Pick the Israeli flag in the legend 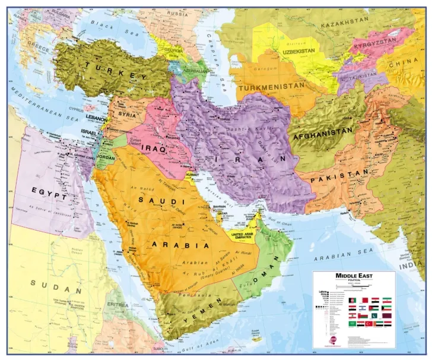(x=362, y=308)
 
